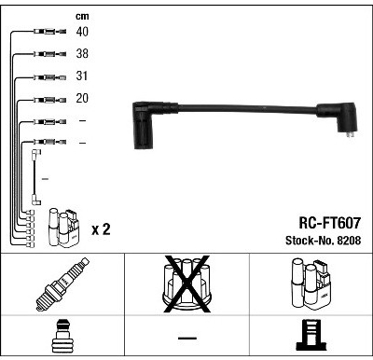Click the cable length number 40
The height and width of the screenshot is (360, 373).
82,32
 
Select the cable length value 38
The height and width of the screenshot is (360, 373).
82,53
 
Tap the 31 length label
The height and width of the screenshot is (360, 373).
82,76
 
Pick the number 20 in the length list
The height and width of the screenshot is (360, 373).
82,98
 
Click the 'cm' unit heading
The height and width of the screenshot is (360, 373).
82,16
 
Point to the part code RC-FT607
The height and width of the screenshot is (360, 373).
329,223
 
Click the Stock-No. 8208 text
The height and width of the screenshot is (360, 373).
324,241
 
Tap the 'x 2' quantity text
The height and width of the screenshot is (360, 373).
101,229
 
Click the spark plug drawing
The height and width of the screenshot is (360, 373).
62,284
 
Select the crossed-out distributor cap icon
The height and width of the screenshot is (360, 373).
186,284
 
